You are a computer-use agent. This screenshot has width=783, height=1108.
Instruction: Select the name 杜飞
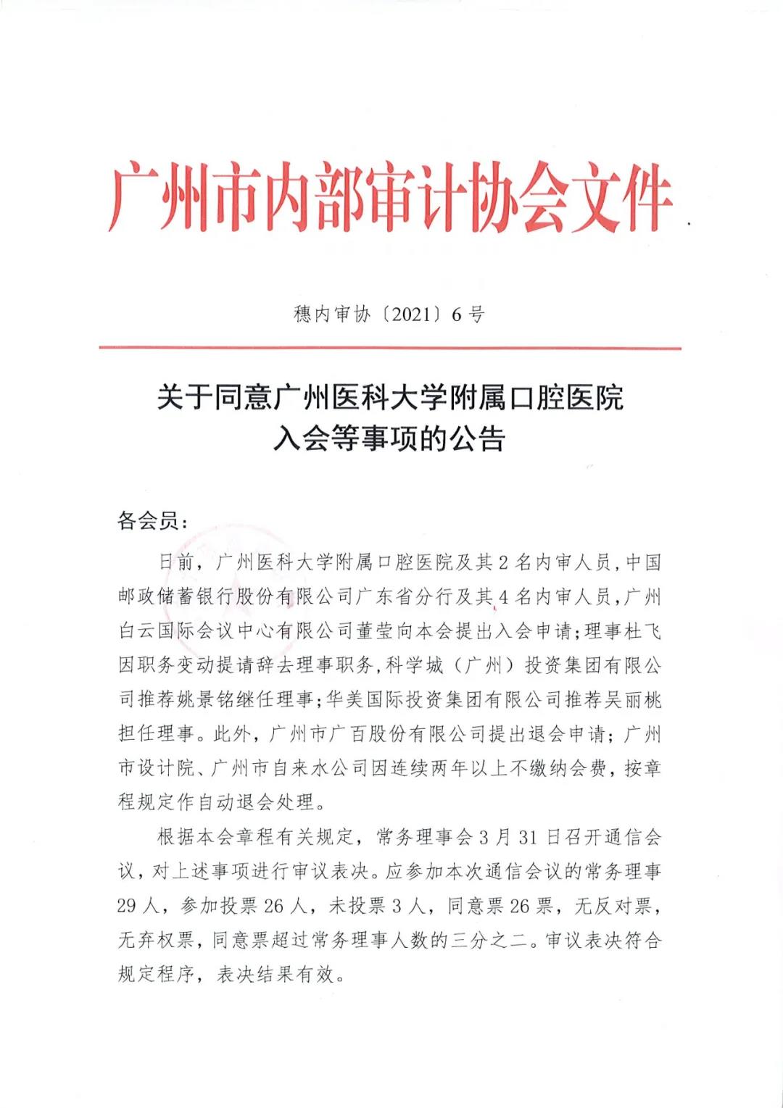pos(642,631)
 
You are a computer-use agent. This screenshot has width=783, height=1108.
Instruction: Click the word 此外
pos(232,734)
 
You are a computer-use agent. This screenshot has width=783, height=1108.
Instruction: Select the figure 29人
pos(137,906)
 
